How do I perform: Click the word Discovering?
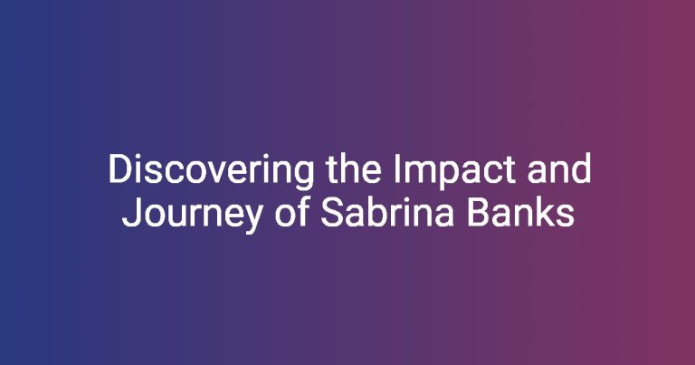(211, 171)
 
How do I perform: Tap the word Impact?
(453, 171)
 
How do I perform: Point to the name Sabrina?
(387, 212)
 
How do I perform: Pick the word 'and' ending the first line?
(559, 168)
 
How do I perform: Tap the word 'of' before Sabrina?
(291, 212)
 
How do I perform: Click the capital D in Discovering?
(121, 169)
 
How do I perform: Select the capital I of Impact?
(397, 169)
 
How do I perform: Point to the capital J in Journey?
(132, 213)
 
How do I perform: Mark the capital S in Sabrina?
(332, 213)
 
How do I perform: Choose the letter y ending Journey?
(252, 220)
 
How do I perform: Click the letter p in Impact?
(452, 177)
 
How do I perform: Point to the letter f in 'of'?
(303, 212)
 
